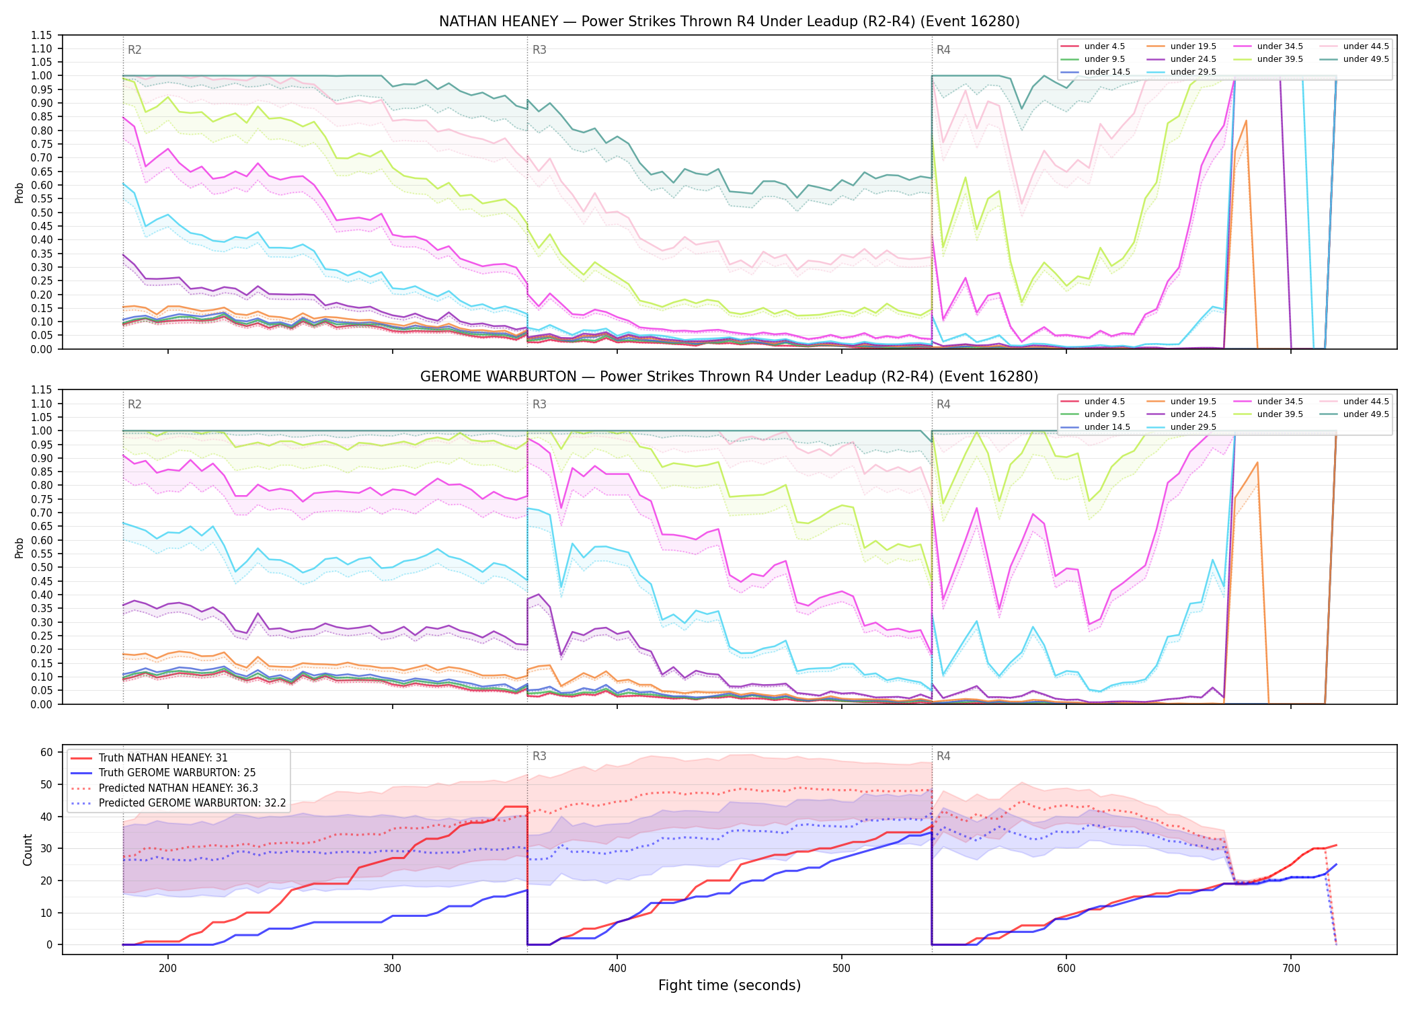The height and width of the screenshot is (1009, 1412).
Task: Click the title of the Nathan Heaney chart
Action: tap(729, 22)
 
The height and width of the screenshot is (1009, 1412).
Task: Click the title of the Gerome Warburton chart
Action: tap(729, 377)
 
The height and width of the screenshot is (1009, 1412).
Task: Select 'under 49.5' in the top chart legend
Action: tap(1366, 59)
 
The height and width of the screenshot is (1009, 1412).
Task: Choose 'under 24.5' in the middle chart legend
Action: tap(1193, 414)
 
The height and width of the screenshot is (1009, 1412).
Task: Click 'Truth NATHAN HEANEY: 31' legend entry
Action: tap(163, 758)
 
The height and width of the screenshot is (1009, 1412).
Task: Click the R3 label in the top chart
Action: tap(539, 50)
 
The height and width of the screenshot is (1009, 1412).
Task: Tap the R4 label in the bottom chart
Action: tap(943, 756)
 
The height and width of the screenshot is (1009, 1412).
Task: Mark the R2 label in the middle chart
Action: tap(134, 404)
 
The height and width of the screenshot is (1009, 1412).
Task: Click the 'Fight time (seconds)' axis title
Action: tap(730, 985)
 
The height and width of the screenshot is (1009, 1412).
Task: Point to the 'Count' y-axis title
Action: tap(28, 850)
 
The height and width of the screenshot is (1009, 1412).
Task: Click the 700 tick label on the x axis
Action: tap(1291, 969)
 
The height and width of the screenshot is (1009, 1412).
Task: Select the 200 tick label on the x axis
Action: tap(168, 969)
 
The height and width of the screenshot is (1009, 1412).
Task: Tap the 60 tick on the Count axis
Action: tap(46, 752)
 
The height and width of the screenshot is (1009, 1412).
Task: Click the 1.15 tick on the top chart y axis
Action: tap(42, 35)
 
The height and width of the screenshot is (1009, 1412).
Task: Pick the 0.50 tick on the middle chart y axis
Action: tap(42, 567)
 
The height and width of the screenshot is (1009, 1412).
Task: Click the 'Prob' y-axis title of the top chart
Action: tap(19, 192)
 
